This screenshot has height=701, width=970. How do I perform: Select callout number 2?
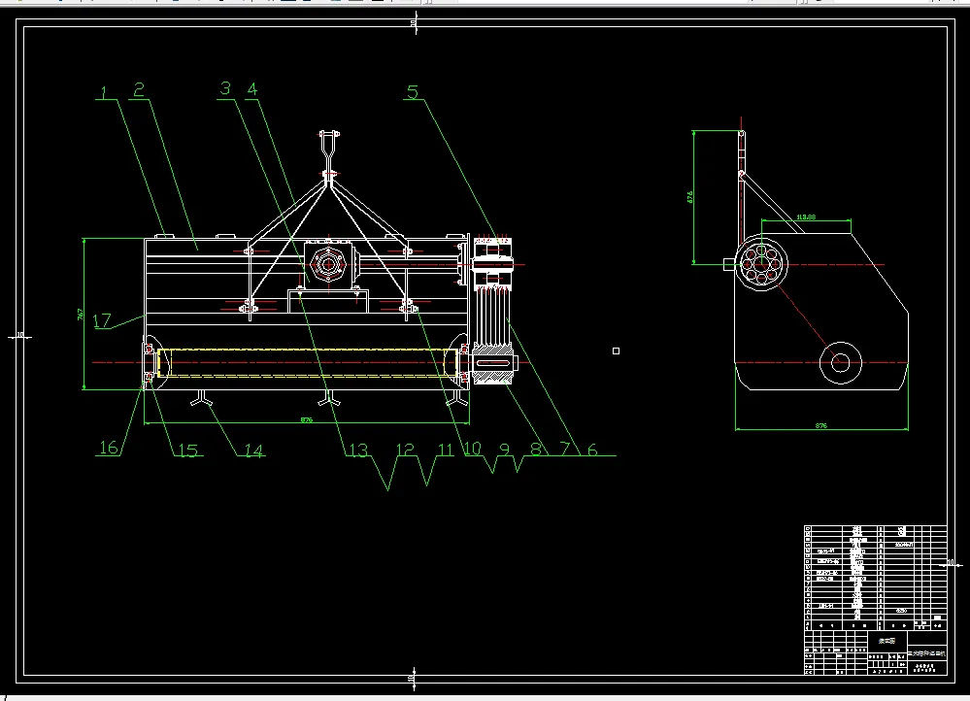point(139,90)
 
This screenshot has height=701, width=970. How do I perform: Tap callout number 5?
point(413,93)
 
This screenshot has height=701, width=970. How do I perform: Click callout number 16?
point(109,448)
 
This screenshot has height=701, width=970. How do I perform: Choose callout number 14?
point(252,450)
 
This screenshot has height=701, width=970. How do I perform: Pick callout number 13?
point(358,450)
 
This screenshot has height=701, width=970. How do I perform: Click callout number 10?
point(472,450)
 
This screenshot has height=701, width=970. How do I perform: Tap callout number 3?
point(225,89)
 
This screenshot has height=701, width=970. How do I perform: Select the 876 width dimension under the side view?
point(821,425)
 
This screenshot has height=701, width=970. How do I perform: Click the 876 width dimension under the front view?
point(307,419)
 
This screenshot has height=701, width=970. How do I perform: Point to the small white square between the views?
point(616,350)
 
